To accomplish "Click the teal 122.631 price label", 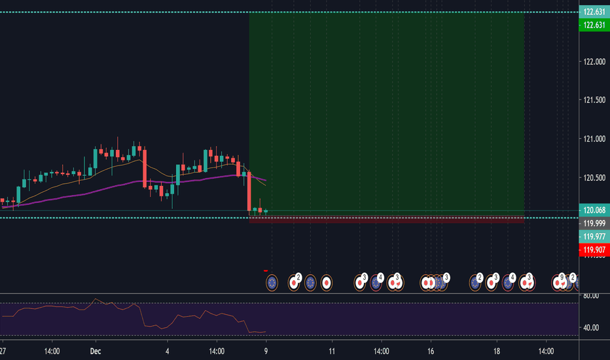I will click(x=593, y=12).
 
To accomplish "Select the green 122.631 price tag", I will click(x=593, y=24).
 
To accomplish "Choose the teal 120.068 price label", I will click(x=593, y=211).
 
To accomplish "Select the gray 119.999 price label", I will click(x=593, y=223).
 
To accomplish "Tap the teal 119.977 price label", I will click(x=593, y=236).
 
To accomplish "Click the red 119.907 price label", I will click(x=593, y=249).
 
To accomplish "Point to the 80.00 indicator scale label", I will click(x=592, y=296).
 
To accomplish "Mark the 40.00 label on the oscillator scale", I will click(x=592, y=327).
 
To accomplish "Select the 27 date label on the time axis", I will click(x=3, y=351).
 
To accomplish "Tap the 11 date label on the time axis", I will click(x=332, y=351).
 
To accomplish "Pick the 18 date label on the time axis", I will click(x=497, y=351).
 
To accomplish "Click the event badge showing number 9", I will click(x=562, y=278).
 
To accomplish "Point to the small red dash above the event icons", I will click(x=266, y=270).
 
